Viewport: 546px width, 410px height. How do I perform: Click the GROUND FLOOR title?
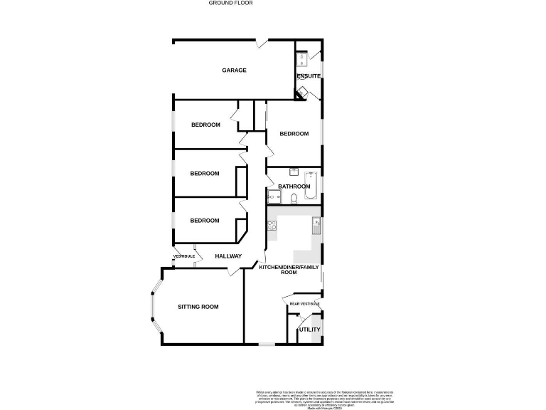tap(230, 3)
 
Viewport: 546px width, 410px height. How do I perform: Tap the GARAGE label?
tap(234, 70)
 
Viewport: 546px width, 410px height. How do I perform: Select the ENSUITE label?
tap(309, 76)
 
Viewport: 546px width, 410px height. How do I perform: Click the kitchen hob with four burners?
tap(271, 226)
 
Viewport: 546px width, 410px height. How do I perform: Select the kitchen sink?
tap(316, 226)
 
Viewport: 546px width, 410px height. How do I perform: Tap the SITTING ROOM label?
tap(198, 307)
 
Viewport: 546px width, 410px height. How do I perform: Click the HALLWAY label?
tap(228, 256)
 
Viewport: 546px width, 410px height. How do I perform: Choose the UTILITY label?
tap(309, 330)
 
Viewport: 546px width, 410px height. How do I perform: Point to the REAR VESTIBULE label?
tap(304, 304)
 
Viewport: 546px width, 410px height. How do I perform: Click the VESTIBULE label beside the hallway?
tap(183, 256)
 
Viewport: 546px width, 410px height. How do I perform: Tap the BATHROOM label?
tap(294, 186)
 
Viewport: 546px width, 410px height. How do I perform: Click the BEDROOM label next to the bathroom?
tap(294, 134)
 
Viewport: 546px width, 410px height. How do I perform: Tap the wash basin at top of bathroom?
tap(293, 172)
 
